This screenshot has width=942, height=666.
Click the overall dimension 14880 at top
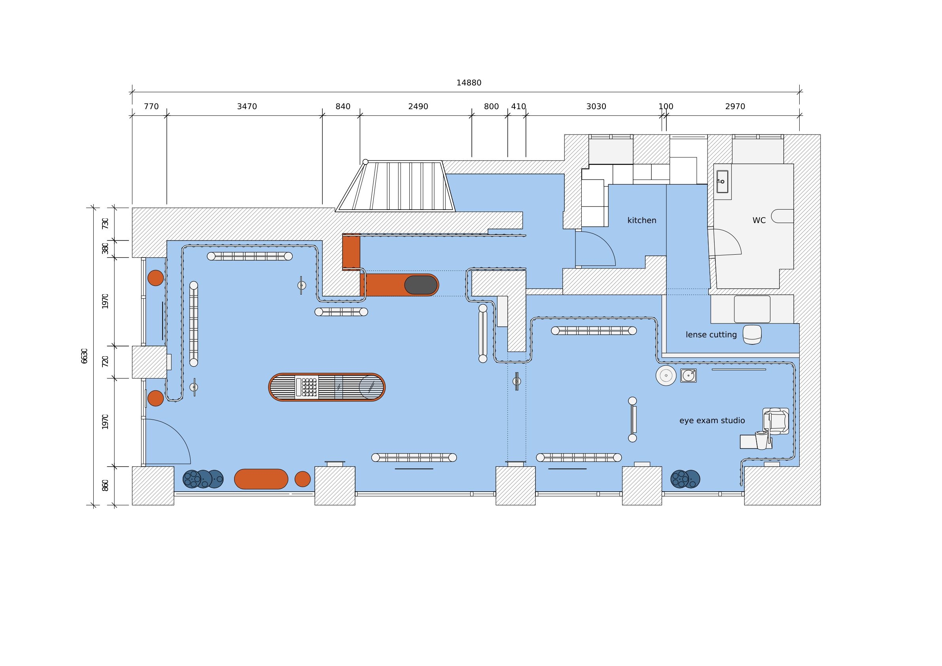(469, 83)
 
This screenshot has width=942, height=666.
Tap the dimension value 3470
(247, 107)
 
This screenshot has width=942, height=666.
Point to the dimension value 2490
(418, 107)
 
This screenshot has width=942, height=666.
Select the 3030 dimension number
(596, 107)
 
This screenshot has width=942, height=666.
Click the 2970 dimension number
(735, 107)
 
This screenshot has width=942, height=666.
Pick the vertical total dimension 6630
(85, 356)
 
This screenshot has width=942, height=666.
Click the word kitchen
(642, 221)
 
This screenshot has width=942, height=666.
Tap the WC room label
(759, 221)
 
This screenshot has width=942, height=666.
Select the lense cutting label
(711, 335)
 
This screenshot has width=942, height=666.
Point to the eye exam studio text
(712, 421)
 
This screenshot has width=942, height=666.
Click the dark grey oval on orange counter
(420, 285)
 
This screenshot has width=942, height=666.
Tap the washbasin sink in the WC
(722, 182)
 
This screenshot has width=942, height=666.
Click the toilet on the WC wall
(782, 216)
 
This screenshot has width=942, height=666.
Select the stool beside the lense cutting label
(752, 335)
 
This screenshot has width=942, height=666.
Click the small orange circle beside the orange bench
(303, 479)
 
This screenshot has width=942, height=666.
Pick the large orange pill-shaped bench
(261, 479)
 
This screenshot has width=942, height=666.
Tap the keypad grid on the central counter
(309, 387)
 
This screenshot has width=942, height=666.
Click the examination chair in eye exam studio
(776, 421)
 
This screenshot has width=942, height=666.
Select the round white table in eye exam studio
(666, 375)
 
